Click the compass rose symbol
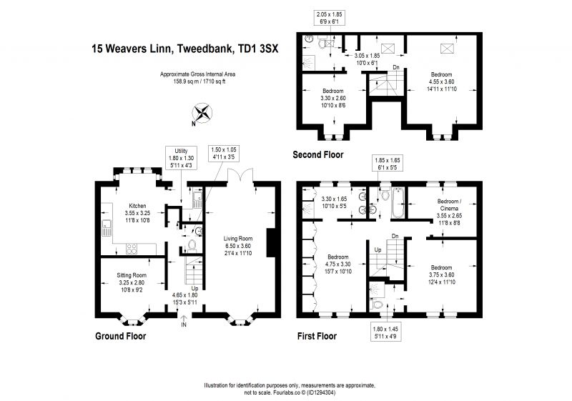pos(202,113)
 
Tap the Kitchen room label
pos(137,213)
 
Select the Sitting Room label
pos(132,282)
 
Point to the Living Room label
pos(238,246)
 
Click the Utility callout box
pos(182,158)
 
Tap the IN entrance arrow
pos(184,321)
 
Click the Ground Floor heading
pos(120,336)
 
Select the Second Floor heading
pos(318,154)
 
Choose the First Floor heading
pos(317,336)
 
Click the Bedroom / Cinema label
pos(449,212)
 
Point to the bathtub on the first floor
pos(398,202)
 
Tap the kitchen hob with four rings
pos(132,249)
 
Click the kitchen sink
pos(107,227)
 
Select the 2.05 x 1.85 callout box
pos(330,18)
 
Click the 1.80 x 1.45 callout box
pos(386,332)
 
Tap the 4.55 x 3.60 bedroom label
pos(441,81)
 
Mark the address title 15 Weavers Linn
pos(185,49)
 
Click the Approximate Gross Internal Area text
pos(198,78)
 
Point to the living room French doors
pos(240,176)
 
